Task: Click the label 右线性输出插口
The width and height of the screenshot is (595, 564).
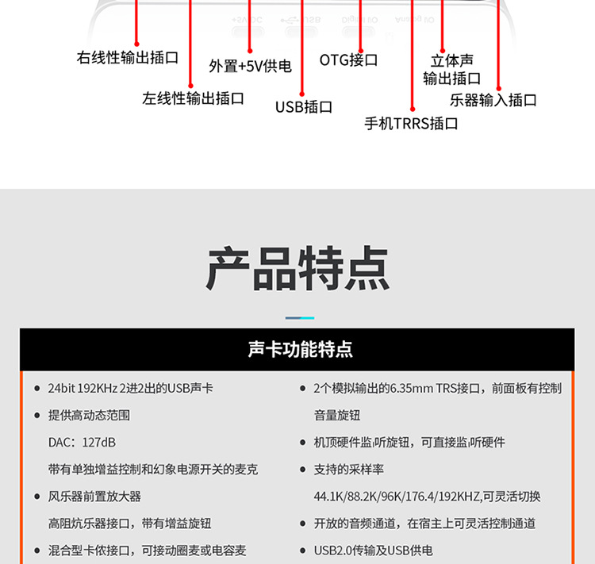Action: pos(128,58)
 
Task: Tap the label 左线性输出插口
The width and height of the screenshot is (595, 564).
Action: pos(193,98)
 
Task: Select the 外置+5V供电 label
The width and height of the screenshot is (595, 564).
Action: pos(250,66)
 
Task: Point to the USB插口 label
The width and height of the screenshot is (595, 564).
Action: pos(303,107)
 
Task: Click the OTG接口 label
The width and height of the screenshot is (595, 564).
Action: pos(348,60)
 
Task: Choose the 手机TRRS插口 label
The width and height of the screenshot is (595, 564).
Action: pos(411,124)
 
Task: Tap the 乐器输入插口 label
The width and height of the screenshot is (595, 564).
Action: pos(493,100)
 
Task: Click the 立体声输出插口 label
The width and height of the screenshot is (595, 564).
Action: pos(451,70)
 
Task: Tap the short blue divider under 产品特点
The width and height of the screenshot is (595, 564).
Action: pos(299,318)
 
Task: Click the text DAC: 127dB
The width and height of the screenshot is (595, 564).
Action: pos(82,442)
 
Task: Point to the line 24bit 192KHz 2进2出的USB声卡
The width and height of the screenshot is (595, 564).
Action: pos(130,388)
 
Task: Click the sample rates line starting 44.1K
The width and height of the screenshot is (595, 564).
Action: pos(427,497)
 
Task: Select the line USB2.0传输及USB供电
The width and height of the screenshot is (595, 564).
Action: pos(374,550)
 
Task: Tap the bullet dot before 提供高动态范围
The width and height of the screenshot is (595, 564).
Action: pos(37,416)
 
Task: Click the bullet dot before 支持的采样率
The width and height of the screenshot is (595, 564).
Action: pos(303,470)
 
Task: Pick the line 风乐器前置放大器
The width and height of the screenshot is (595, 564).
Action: pos(94,497)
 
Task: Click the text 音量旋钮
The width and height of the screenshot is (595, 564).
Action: pos(337,415)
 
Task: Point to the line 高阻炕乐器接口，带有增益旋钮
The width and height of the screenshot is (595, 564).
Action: pos(129,524)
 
